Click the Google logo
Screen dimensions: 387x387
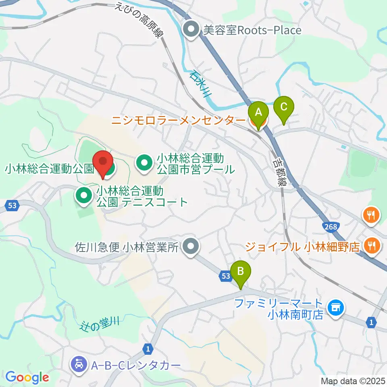point(27,377)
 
